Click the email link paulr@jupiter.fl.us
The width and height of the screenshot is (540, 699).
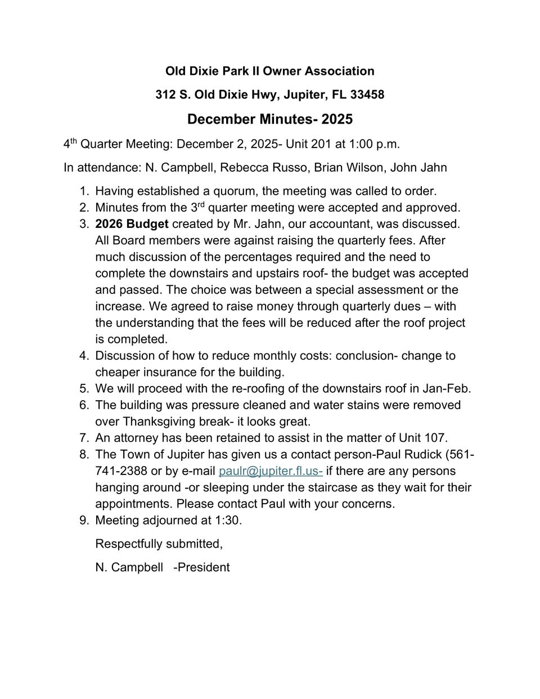(x=271, y=471)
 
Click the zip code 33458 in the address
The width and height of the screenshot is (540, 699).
(x=367, y=95)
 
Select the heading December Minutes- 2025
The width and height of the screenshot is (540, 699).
(x=270, y=119)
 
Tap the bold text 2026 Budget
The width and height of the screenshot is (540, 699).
(x=132, y=224)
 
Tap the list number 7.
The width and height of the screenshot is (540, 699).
(x=84, y=438)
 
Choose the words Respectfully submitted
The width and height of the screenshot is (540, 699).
(x=159, y=544)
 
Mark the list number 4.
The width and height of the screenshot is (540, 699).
(x=84, y=356)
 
